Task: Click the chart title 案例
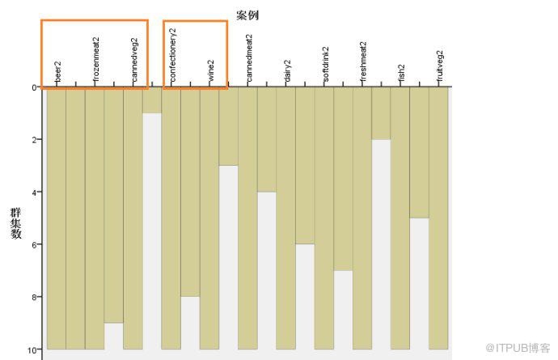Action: click(247, 15)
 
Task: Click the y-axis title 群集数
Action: click(16, 223)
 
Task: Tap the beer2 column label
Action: click(57, 71)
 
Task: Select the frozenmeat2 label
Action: click(95, 60)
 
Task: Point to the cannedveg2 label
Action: click(134, 60)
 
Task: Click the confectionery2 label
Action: click(172, 55)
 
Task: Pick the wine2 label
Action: click(211, 71)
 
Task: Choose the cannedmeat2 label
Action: click(249, 58)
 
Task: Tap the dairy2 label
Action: click(288, 71)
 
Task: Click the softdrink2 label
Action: click(326, 65)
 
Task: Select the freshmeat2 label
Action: click(364, 62)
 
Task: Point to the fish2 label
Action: click(402, 74)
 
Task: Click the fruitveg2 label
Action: click(441, 66)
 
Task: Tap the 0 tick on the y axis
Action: click(34, 87)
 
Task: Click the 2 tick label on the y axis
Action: click(34, 140)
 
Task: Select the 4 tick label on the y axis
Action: click(34, 193)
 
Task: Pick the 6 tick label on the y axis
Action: click(34, 244)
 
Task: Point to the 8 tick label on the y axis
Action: click(34, 297)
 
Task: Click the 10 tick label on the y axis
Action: click(32, 350)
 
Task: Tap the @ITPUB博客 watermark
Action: click(518, 348)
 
